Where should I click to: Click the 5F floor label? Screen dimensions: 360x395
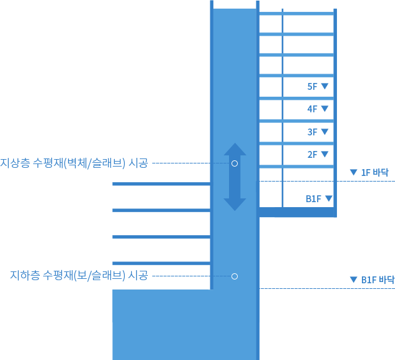click(313, 87)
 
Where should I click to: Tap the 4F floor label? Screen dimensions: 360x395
click(313, 109)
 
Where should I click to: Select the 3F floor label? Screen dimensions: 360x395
click(313, 132)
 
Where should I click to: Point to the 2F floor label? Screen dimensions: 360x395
click(313, 155)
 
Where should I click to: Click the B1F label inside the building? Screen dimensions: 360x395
click(313, 199)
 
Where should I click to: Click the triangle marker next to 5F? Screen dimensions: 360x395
click(324, 87)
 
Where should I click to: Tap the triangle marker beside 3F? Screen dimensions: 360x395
click(324, 132)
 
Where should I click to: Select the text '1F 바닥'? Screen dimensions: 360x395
click(374, 172)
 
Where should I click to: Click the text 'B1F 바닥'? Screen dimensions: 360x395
click(378, 280)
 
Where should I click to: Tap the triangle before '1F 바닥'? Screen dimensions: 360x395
click(353, 172)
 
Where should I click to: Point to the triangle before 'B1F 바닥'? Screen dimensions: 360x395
click(353, 280)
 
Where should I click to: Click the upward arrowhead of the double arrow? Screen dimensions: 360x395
click(235, 150)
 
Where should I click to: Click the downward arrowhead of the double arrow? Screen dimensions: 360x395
click(235, 204)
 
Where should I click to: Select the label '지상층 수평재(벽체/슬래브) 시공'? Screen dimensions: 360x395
click(74, 163)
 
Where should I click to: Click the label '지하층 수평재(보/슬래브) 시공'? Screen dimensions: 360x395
click(79, 276)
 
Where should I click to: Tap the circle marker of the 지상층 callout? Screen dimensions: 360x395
click(235, 163)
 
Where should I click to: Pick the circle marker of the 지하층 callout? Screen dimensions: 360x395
click(235, 276)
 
